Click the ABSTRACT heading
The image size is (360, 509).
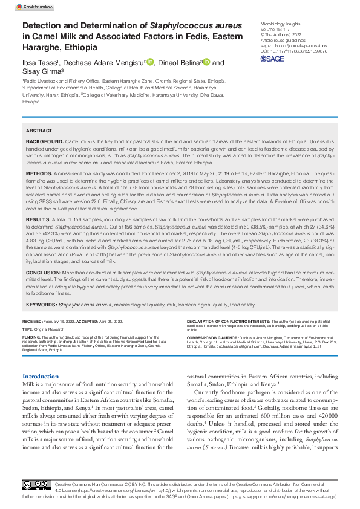point(39,131)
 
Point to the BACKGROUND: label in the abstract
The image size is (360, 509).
point(44,140)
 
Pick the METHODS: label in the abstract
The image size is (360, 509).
point(39,173)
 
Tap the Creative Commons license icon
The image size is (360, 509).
point(36,485)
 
